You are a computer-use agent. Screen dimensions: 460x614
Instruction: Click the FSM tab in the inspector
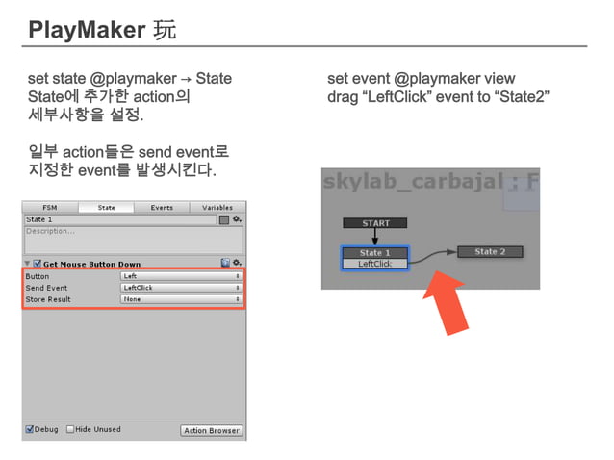coord(50,207)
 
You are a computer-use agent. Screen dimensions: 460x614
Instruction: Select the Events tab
coord(162,207)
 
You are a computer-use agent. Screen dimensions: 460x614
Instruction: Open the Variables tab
coord(217,207)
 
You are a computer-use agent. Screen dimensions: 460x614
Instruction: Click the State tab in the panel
coord(106,207)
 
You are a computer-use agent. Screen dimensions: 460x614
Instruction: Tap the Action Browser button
coord(212,430)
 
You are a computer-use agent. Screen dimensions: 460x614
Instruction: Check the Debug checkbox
coord(30,429)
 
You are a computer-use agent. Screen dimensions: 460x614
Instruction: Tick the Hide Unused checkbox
coord(70,429)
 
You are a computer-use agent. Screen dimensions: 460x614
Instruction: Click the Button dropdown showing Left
coord(180,276)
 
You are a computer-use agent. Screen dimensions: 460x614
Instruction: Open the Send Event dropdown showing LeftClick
coord(180,288)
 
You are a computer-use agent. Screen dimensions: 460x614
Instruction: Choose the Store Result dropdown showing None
coord(180,299)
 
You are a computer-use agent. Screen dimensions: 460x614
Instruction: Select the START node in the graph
coord(375,223)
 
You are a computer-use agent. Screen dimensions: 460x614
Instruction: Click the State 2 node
coord(490,252)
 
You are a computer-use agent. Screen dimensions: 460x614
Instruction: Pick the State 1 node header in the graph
coord(375,253)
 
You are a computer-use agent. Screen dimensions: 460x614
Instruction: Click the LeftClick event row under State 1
coord(375,264)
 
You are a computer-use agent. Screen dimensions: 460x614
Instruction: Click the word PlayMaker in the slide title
coord(88,31)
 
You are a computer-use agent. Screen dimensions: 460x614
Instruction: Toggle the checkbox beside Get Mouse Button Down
coord(37,263)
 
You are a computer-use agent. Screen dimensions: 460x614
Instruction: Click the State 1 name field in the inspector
coord(120,219)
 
